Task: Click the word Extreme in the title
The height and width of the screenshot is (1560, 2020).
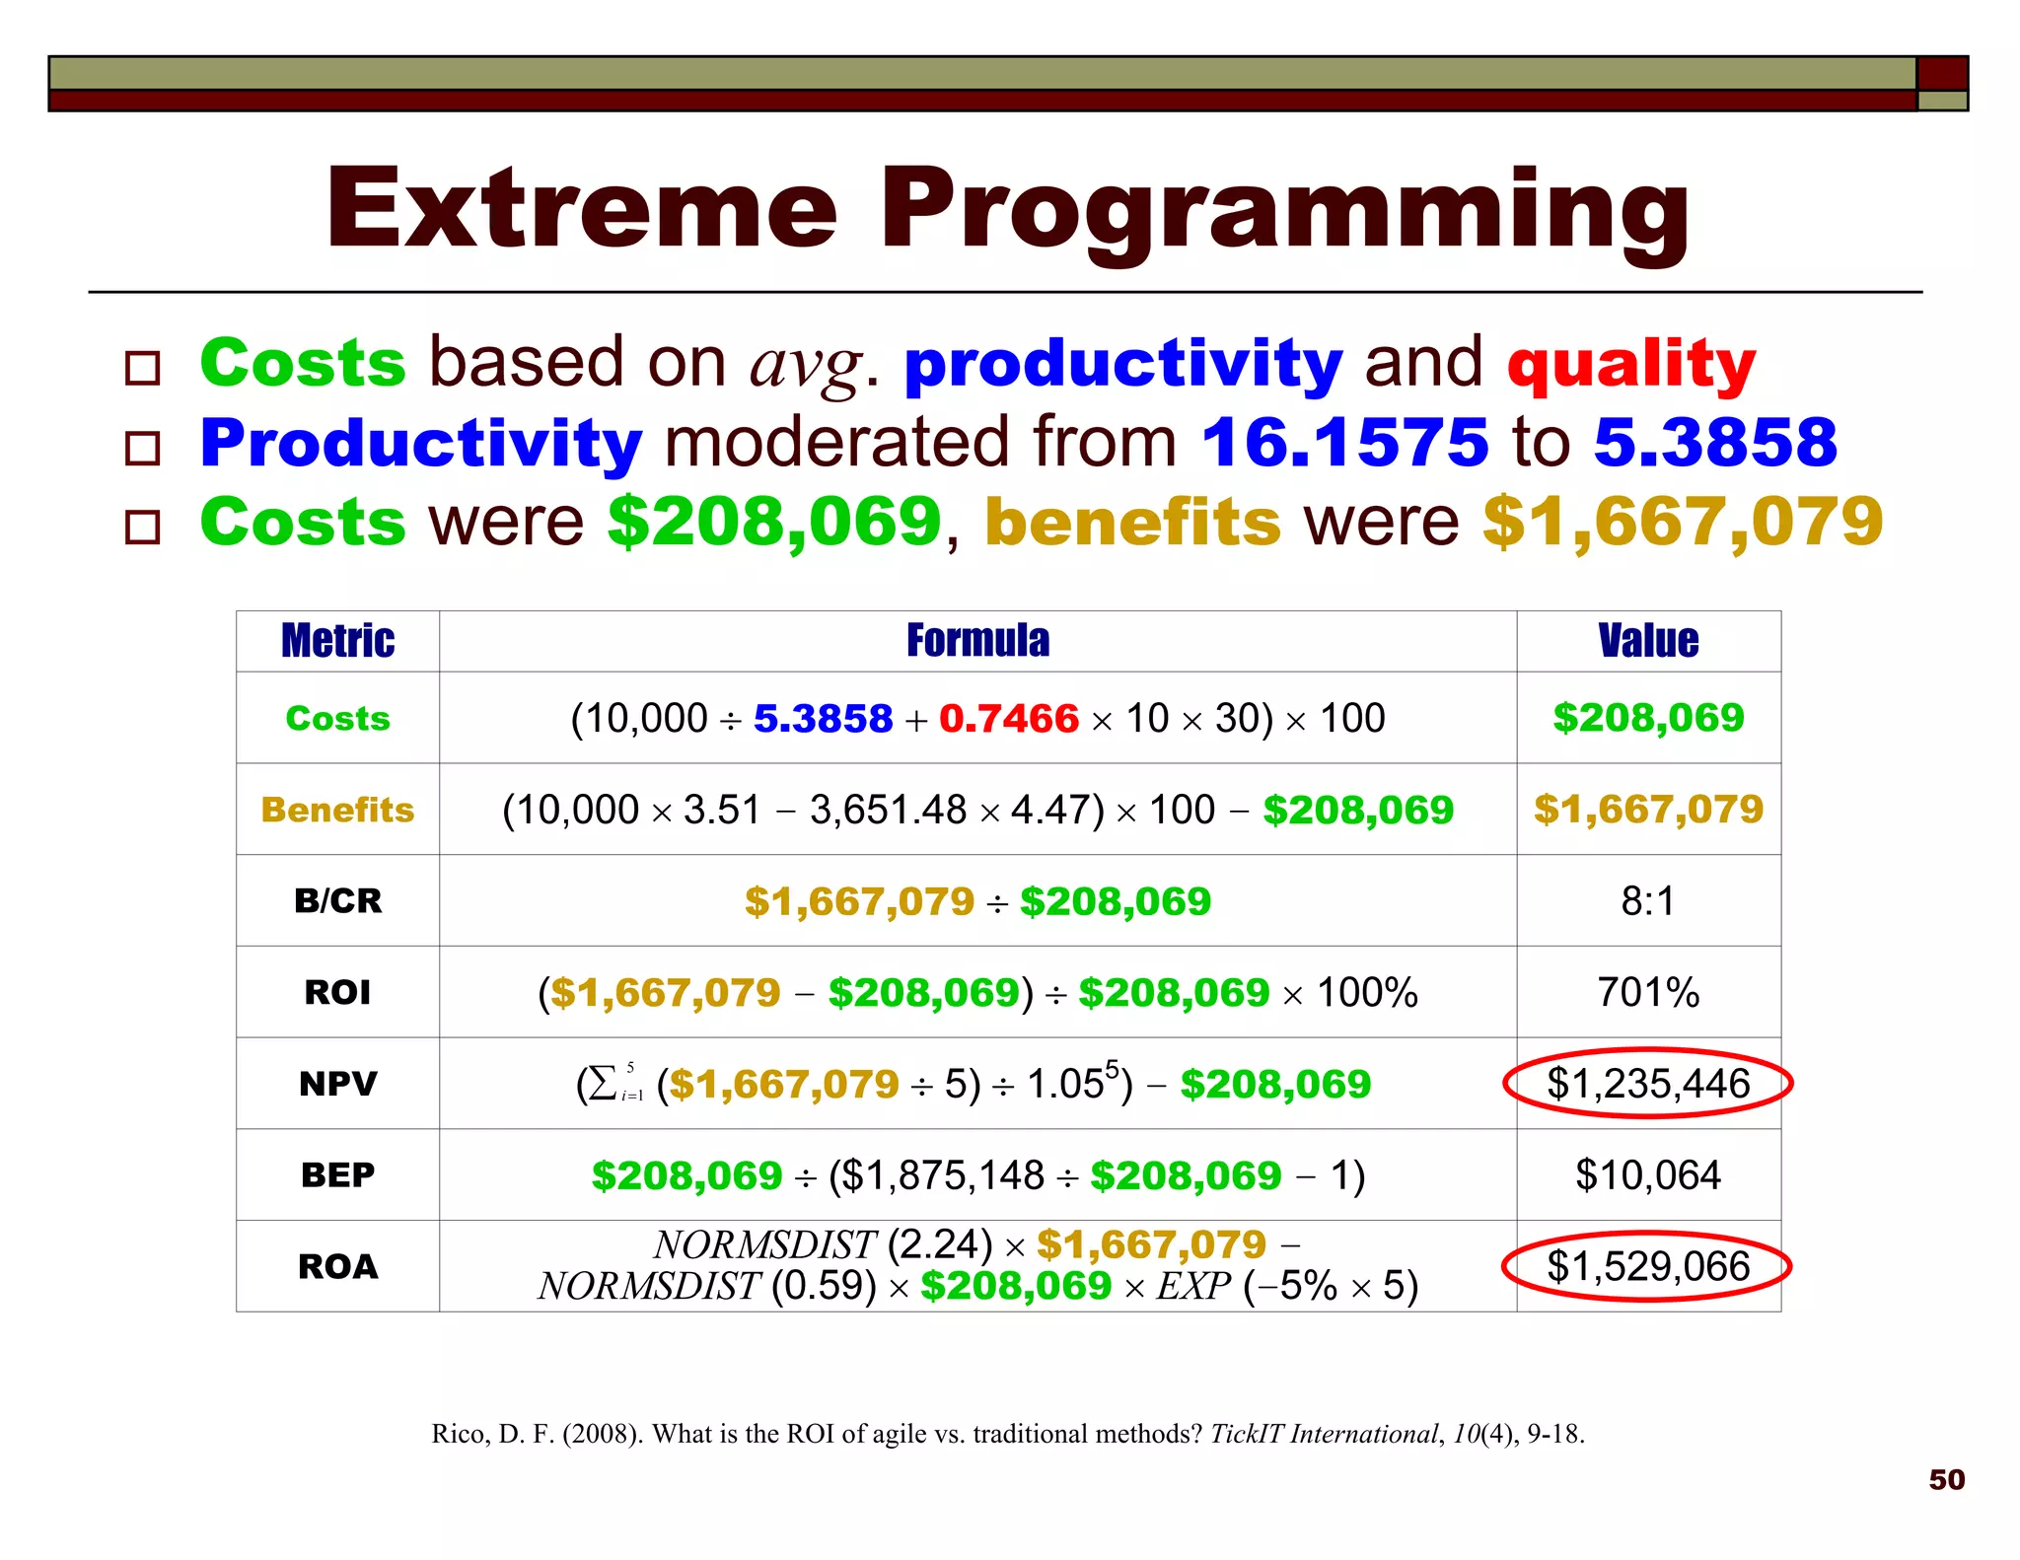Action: [582, 209]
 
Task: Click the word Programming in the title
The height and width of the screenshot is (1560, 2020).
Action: [1284, 212]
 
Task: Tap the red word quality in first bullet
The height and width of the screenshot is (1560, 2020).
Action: [1631, 364]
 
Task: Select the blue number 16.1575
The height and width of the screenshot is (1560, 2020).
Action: [1344, 442]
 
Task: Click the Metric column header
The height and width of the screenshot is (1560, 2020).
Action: [337, 641]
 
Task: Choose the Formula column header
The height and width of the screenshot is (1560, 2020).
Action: [977, 641]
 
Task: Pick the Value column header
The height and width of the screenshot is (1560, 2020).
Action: [1648, 641]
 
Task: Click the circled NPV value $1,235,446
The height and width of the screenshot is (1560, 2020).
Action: [1648, 1083]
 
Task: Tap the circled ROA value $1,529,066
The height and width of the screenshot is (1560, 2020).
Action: [1648, 1266]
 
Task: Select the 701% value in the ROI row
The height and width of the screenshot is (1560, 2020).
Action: [1648, 992]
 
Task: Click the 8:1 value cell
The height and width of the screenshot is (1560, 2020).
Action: [1648, 900]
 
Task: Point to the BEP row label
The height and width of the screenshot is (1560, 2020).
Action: [337, 1175]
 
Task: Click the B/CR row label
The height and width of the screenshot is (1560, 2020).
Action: [337, 900]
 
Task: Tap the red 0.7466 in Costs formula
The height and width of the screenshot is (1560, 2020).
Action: [1008, 719]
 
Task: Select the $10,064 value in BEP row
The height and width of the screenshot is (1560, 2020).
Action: [1648, 1175]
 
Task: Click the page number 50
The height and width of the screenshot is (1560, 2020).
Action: [1946, 1479]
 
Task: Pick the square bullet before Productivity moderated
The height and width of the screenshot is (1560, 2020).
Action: [143, 448]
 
